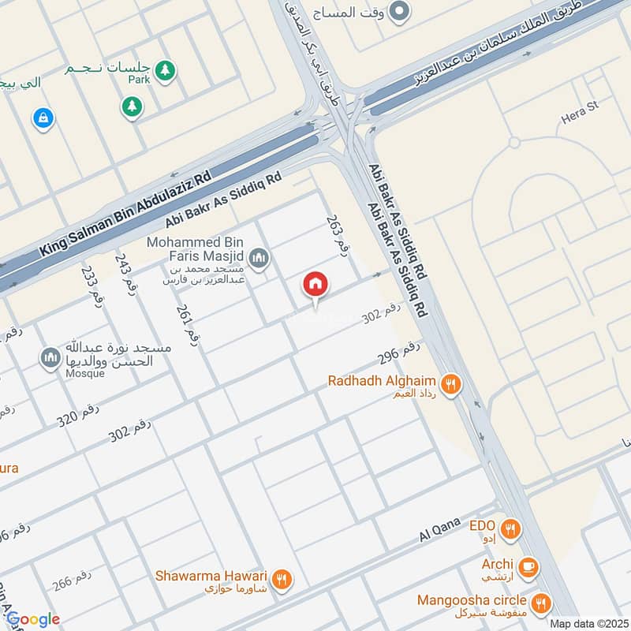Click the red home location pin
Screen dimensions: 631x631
[315, 285]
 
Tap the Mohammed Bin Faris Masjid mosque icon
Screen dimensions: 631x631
[259, 257]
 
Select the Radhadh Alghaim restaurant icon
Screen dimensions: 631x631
[450, 384]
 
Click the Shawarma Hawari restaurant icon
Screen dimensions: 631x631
[282, 580]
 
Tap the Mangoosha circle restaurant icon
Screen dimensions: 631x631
[541, 604]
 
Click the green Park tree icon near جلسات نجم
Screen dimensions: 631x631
[164, 71]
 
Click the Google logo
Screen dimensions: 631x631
[32, 619]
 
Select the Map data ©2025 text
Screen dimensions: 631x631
[588, 623]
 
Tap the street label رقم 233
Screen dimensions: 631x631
[88, 282]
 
